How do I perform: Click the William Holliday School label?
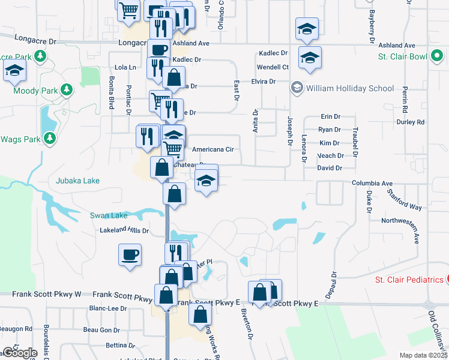point(349,88)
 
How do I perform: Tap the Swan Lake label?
point(109,215)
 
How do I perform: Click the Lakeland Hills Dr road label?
point(124,230)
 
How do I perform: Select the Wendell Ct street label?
point(273,67)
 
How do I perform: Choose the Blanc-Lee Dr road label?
point(108,308)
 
